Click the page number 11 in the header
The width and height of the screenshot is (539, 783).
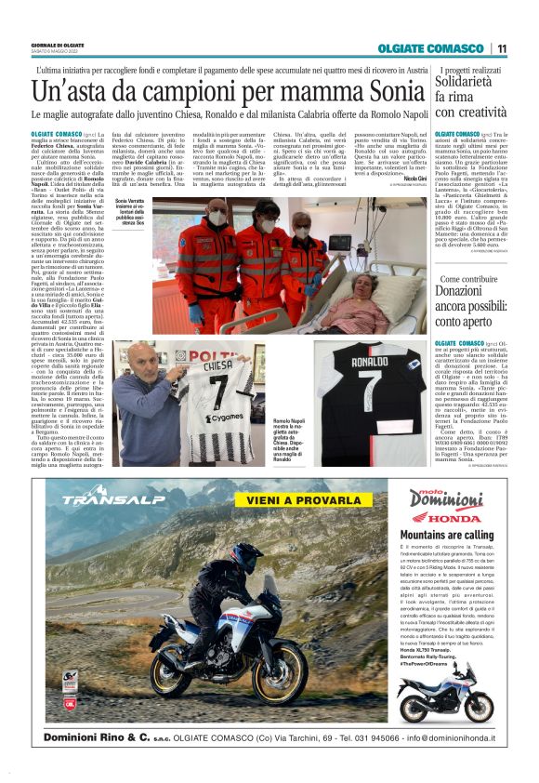[502, 48]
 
